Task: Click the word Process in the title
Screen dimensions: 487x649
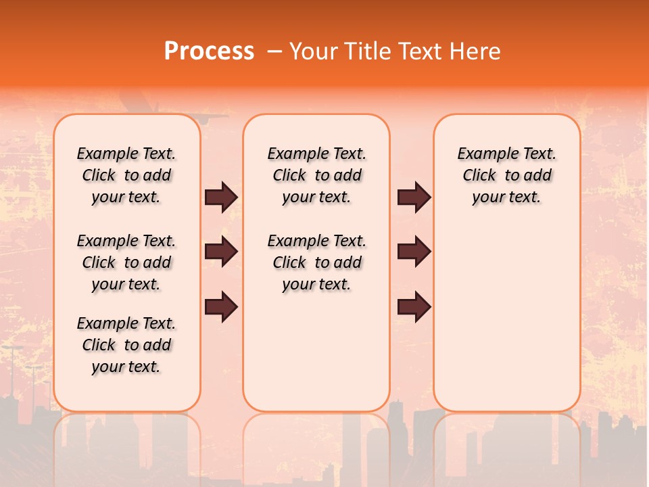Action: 209,51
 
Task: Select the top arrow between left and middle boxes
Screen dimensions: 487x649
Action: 220,198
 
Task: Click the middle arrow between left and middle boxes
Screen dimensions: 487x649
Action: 220,252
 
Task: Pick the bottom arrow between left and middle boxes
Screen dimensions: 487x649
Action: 220,306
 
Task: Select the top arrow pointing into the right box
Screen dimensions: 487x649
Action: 414,198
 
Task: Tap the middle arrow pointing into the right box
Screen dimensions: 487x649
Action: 414,252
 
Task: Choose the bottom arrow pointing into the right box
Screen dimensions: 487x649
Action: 414,306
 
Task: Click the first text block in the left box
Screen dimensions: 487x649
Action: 126,175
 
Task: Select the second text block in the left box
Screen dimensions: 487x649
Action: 126,262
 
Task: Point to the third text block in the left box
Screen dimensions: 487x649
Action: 126,345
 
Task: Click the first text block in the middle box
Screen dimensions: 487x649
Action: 316,175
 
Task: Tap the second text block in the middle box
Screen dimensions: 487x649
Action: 316,262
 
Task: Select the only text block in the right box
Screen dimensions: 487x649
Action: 506,175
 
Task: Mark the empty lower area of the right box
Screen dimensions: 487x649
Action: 506,318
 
